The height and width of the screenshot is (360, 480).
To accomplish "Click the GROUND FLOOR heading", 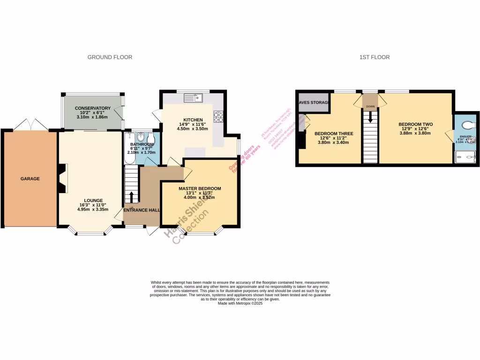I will pyautogui.click(x=110, y=57).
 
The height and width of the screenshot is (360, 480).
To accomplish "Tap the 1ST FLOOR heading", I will pyautogui.click(x=374, y=57).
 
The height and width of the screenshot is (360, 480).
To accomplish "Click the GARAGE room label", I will pyautogui.click(x=30, y=179).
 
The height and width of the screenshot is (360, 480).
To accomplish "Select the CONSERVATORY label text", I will pyautogui.click(x=92, y=108).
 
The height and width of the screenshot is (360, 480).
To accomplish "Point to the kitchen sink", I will pyautogui.click(x=193, y=98).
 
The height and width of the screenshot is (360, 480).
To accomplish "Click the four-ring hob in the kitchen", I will pyautogui.click(x=218, y=116).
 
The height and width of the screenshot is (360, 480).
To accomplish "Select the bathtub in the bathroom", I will pyautogui.click(x=129, y=148).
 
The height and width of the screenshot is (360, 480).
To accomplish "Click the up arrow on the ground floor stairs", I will pyautogui.click(x=132, y=196).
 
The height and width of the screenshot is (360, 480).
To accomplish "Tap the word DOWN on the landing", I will pyautogui.click(x=370, y=106).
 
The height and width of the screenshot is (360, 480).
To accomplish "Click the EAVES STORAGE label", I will pyautogui.click(x=314, y=102).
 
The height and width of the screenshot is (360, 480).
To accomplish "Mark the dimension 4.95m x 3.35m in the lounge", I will pyautogui.click(x=93, y=210).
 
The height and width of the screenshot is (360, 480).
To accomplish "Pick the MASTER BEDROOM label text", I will pyautogui.click(x=199, y=188).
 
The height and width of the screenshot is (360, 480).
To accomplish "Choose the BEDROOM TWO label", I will pyautogui.click(x=415, y=124).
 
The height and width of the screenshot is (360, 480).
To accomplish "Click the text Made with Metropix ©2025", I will pyautogui.click(x=240, y=303).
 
